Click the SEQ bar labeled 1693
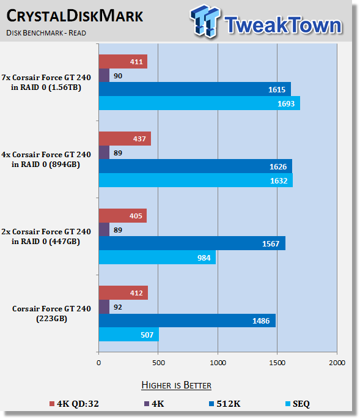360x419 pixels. [199, 103]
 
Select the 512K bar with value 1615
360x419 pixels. [195, 89]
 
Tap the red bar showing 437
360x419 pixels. [125, 139]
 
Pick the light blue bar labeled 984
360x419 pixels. [157, 258]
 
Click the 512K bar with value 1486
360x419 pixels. [187, 321]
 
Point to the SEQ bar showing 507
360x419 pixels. [129, 335]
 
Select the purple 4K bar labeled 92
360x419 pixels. [104, 307]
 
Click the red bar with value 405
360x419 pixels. [123, 216]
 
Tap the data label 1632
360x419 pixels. [279, 181]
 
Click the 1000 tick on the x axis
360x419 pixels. [218, 363]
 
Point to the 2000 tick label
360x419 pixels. [337, 363]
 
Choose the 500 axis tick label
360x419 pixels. [159, 363]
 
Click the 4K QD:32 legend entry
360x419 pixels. [74, 404]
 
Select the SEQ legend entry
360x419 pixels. [298, 404]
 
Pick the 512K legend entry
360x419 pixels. [224, 404]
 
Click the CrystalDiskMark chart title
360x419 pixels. [75, 16]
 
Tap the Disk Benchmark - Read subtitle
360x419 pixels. [46, 33]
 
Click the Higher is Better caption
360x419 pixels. [176, 385]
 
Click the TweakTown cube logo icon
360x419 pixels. [205, 21]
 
